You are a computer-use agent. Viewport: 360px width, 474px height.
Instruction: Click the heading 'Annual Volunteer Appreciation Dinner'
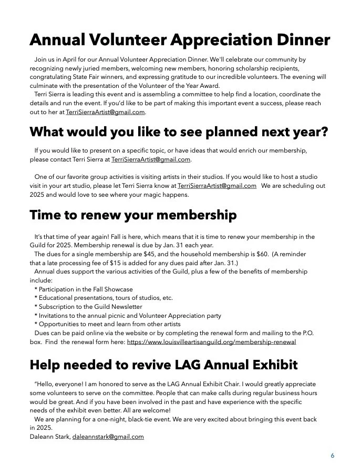[180, 40]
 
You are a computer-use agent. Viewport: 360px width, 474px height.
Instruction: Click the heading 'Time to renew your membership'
[133, 215]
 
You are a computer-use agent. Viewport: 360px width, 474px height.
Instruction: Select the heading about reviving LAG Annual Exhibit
[163, 364]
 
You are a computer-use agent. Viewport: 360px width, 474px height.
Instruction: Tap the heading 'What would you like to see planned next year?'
[179, 132]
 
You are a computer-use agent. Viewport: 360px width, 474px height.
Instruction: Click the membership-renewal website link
[211, 342]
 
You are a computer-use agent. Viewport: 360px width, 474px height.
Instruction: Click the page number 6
[332, 456]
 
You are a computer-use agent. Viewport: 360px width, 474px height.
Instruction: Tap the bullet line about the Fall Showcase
[84, 289]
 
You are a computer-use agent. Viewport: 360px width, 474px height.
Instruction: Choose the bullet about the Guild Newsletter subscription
[88, 307]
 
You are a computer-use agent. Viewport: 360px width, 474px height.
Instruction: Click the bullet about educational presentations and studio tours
[104, 298]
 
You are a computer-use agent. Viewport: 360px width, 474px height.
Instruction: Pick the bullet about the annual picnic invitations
[128, 316]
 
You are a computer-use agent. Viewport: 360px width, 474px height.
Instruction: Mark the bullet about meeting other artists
[109, 324]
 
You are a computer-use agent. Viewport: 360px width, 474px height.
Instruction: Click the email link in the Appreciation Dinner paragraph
[105, 112]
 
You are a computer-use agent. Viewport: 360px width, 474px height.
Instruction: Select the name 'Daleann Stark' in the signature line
[50, 437]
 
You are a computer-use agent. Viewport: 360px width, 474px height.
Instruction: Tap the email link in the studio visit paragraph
[217, 186]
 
